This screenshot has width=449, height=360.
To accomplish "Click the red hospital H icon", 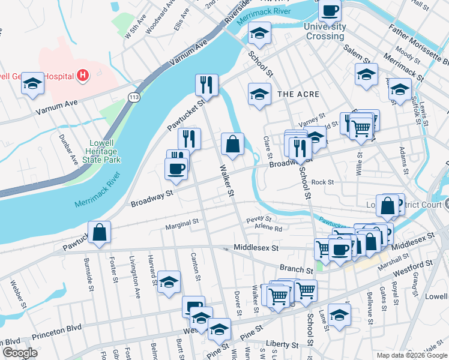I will tap(83, 76).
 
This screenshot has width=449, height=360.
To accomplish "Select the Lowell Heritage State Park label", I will tap(105, 151).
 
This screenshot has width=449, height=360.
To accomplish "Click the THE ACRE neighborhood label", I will tap(298, 94).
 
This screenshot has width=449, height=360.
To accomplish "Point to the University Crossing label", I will tap(325, 31).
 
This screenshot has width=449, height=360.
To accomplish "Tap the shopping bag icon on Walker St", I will tap(232, 145).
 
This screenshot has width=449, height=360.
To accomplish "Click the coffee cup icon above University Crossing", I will tap(330, 10).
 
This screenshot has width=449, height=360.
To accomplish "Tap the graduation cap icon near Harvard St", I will tap(169, 282).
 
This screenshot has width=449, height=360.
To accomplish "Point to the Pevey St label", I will tap(259, 219).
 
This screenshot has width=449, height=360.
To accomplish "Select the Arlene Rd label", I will tap(269, 229).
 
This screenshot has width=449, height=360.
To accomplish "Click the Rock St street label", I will tap(322, 182).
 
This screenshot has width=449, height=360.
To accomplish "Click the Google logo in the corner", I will tap(20, 353).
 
